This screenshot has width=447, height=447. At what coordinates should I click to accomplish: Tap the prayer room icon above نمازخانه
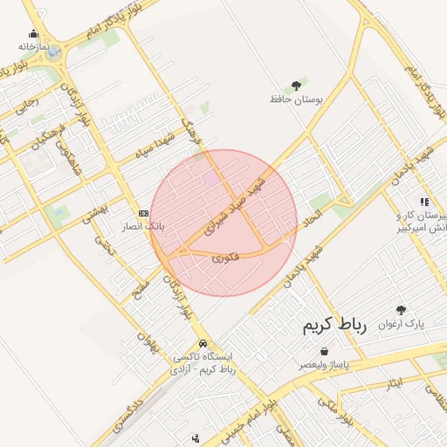(x=33, y=34)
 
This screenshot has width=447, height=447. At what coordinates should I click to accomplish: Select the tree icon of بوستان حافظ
(x=296, y=86)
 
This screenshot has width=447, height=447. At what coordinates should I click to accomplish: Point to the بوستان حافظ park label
(x=296, y=100)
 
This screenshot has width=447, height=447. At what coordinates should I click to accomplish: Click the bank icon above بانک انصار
(x=143, y=212)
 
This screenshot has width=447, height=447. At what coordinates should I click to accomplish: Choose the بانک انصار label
(x=142, y=225)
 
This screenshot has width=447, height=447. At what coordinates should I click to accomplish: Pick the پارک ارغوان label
(x=401, y=323)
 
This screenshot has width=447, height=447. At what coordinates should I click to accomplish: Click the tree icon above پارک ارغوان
(x=401, y=309)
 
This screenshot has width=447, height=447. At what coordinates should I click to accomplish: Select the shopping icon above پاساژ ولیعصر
(x=325, y=351)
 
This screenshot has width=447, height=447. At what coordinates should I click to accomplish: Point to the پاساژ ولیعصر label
(x=327, y=364)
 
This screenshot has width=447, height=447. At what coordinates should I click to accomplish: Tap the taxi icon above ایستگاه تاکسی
(x=203, y=343)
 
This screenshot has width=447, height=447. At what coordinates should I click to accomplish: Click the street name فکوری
(x=225, y=258)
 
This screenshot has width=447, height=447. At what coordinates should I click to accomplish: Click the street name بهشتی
(x=93, y=210)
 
